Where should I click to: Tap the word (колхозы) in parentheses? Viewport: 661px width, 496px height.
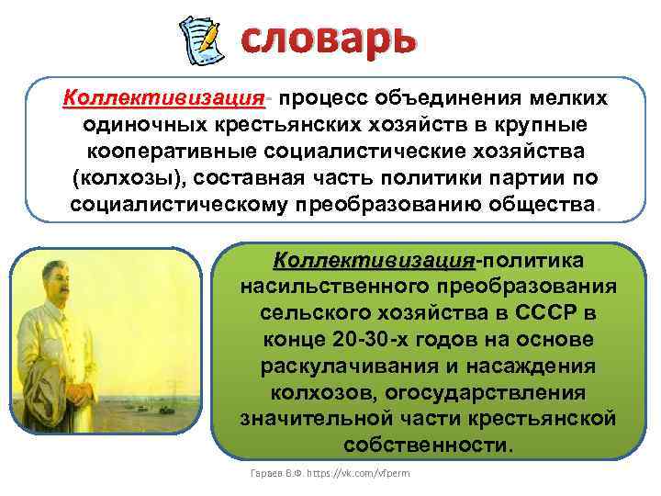(121, 176)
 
